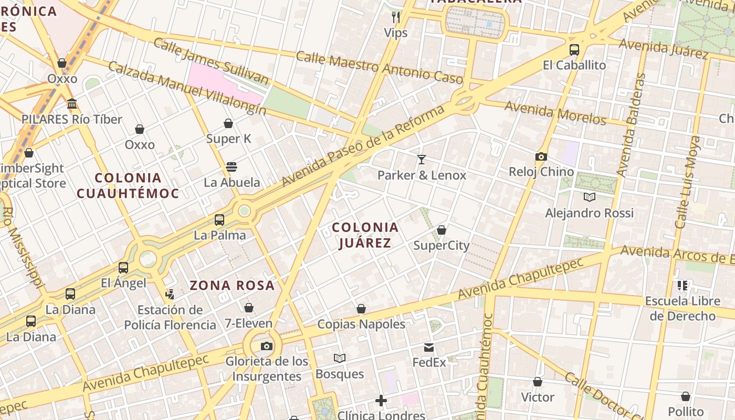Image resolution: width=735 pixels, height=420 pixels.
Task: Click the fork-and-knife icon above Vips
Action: click(x=396, y=17)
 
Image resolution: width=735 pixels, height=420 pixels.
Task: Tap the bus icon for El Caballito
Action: click(x=574, y=50)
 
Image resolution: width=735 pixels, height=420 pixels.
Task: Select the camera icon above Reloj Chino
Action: click(x=541, y=156)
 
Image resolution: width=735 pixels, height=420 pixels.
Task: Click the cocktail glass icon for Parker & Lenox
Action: click(x=421, y=160)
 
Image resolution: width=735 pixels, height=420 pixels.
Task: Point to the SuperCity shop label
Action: click(x=441, y=245)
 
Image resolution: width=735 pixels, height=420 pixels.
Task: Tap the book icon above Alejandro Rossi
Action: click(x=590, y=197)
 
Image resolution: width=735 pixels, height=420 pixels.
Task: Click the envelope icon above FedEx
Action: click(x=429, y=347)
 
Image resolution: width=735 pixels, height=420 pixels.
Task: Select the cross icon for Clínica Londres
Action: click(x=381, y=401)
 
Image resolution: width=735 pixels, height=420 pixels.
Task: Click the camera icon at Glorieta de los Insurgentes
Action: click(x=267, y=346)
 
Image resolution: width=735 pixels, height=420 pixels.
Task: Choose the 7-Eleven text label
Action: click(x=248, y=323)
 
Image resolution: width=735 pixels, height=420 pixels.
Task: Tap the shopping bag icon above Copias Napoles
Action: click(x=361, y=309)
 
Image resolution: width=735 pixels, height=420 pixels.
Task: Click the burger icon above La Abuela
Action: click(x=232, y=167)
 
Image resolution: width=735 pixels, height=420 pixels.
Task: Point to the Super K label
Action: click(x=228, y=139)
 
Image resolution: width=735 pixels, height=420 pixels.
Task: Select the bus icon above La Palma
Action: click(x=219, y=220)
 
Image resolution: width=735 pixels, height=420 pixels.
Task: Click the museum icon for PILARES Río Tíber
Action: click(x=72, y=104)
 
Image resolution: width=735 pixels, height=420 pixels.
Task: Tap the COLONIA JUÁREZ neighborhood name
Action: click(x=365, y=235)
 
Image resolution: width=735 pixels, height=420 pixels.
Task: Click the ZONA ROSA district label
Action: click(x=232, y=286)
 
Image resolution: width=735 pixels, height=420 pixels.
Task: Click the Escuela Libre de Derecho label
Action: click(x=682, y=309)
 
